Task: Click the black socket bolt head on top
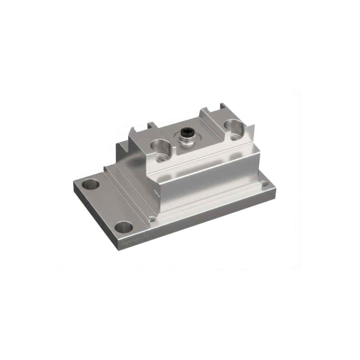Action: pos(187,132)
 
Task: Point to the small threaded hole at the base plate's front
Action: pos(152,218)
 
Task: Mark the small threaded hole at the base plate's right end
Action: pos(265,184)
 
